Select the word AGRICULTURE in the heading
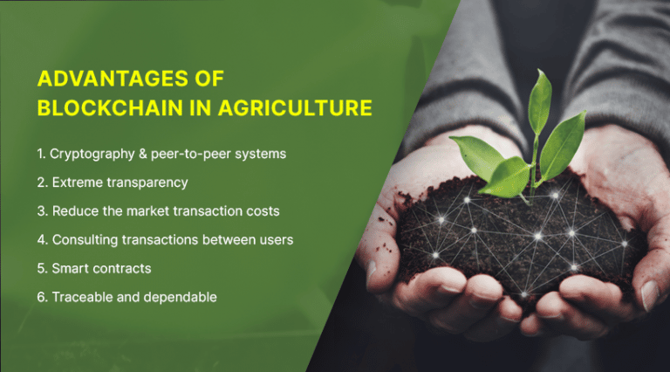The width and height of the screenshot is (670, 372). (297, 108)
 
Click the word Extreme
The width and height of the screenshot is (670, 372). (74, 183)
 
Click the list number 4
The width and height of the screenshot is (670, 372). (41, 239)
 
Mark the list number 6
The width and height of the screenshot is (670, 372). (41, 297)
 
